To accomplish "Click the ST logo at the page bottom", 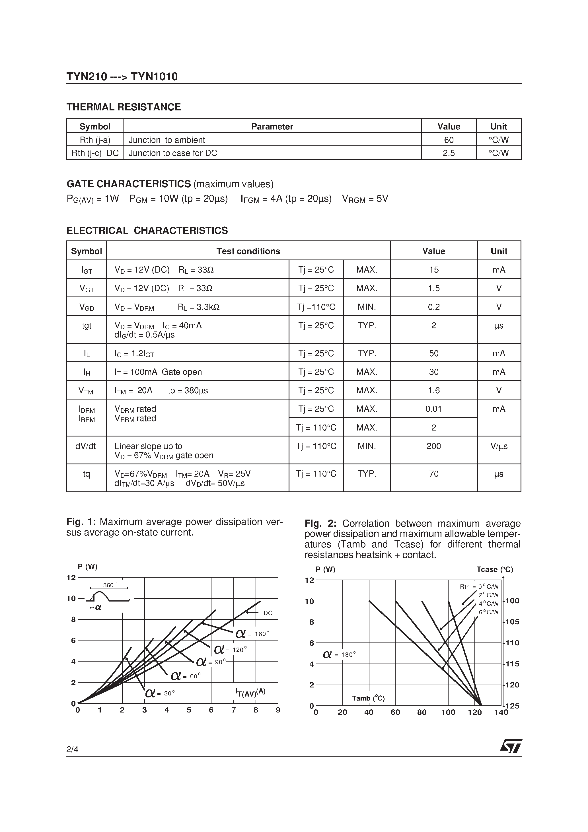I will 511,746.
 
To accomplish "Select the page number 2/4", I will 73,749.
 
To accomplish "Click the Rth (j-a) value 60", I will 449,140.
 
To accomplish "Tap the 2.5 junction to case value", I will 449,153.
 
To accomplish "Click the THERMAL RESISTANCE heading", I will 124,107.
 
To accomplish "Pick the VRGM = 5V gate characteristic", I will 365,199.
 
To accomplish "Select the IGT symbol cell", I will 87,270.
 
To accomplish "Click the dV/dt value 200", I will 433,446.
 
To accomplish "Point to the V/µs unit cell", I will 499,446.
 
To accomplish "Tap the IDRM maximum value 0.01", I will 433,409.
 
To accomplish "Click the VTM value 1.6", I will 433,390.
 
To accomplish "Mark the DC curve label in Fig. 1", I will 268,613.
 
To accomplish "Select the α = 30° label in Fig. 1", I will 160,693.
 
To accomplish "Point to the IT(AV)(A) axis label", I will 250,692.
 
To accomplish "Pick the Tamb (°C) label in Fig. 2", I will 368,698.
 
